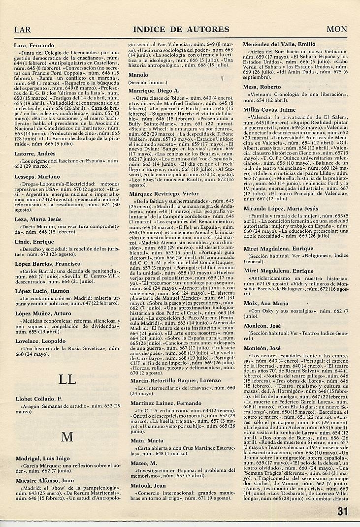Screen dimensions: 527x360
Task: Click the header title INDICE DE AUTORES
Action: pyautogui.click(x=181, y=30)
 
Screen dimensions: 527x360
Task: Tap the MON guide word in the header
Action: pyautogui.click(x=337, y=30)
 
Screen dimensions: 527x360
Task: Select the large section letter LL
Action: pyautogui.click(x=67, y=379)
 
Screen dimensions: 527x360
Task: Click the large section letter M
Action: pyautogui.click(x=67, y=437)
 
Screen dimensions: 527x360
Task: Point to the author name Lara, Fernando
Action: pyautogui.click(x=34, y=46)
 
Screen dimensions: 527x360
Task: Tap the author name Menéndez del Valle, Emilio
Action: pyautogui.click(x=279, y=44)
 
